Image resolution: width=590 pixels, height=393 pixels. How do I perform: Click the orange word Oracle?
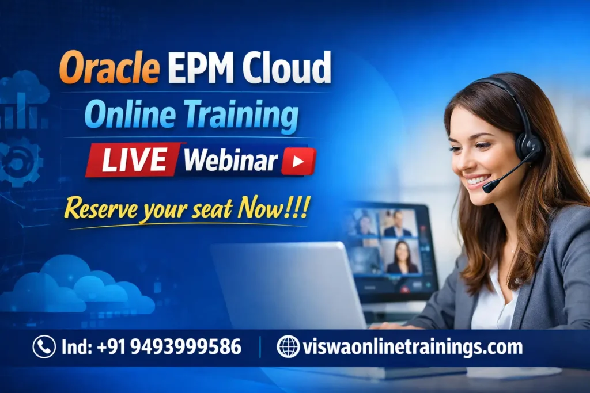point(109,67)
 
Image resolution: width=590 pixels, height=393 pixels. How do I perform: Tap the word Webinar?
point(230,161)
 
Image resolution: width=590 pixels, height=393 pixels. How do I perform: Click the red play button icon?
point(298,161)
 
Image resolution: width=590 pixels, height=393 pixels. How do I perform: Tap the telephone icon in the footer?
point(44,347)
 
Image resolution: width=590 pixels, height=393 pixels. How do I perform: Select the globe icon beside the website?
point(288,347)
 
